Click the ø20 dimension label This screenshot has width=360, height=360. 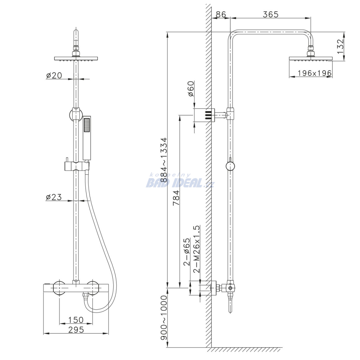[x=54, y=75]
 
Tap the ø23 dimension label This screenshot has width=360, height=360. [x=54, y=197]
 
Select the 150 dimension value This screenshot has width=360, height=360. [x=76, y=320]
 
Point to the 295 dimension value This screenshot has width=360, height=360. [x=76, y=329]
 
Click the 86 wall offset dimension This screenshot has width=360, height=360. [x=221, y=14]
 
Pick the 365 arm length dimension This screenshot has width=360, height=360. [x=270, y=14]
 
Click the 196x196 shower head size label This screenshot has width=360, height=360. [x=315, y=73]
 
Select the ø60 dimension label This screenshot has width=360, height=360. [x=191, y=89]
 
